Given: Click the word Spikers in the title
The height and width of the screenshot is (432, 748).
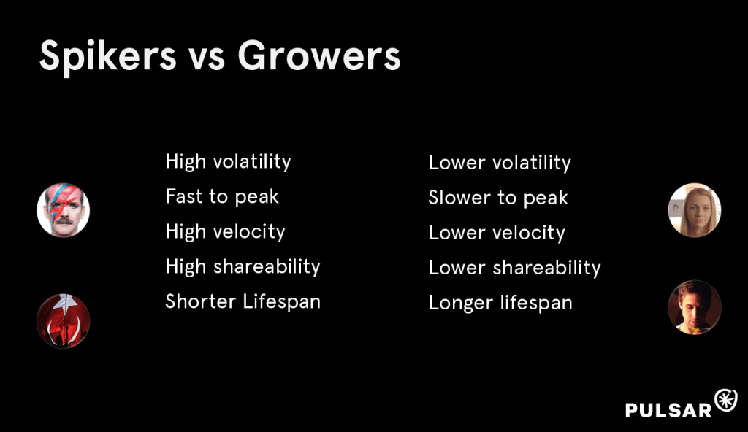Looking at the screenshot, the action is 108,57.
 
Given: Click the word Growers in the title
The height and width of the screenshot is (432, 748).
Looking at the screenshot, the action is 319,55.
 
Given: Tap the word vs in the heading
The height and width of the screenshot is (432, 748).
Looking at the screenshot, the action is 207,59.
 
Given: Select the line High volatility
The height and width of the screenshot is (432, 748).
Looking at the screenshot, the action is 228,162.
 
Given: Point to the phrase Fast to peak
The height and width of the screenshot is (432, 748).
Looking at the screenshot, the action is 222,196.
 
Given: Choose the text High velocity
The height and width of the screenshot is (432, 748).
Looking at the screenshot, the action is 225,232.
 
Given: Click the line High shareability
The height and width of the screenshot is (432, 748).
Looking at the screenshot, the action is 243,266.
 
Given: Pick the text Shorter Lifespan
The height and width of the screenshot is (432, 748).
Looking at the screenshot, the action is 243,301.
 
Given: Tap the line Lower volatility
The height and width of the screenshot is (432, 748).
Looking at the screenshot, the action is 500,163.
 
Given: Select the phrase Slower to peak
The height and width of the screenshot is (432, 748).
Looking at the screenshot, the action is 498,198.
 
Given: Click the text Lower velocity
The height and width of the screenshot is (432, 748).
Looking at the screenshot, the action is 497,233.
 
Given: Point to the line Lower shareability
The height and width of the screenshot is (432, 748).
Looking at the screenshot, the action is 514,268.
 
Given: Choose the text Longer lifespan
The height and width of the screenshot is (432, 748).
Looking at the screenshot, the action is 500,303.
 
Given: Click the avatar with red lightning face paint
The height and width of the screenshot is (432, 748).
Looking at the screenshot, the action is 64,210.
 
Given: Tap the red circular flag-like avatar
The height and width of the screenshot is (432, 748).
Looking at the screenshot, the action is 64,321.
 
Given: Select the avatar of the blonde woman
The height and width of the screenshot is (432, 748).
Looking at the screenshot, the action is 695,210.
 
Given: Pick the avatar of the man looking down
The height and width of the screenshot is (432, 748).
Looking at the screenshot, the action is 695,307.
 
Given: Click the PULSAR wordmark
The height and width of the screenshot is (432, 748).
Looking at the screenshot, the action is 668,410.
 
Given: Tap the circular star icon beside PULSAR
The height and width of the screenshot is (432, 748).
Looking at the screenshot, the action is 726,400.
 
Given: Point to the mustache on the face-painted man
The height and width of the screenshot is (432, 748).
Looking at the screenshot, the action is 64,221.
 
